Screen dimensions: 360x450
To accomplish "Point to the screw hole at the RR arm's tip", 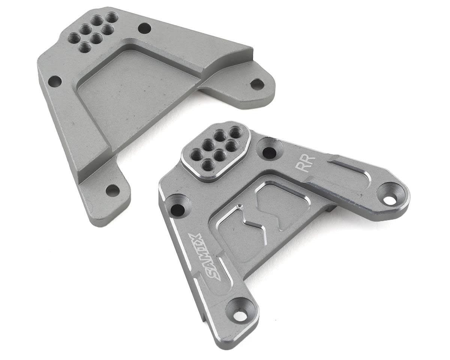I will coord(391,199).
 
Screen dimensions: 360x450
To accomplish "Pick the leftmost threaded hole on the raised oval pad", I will coord(196,152).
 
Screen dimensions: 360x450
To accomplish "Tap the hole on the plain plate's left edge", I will coord(55,81).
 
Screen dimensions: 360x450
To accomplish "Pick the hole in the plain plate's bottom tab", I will coord(111,190).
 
